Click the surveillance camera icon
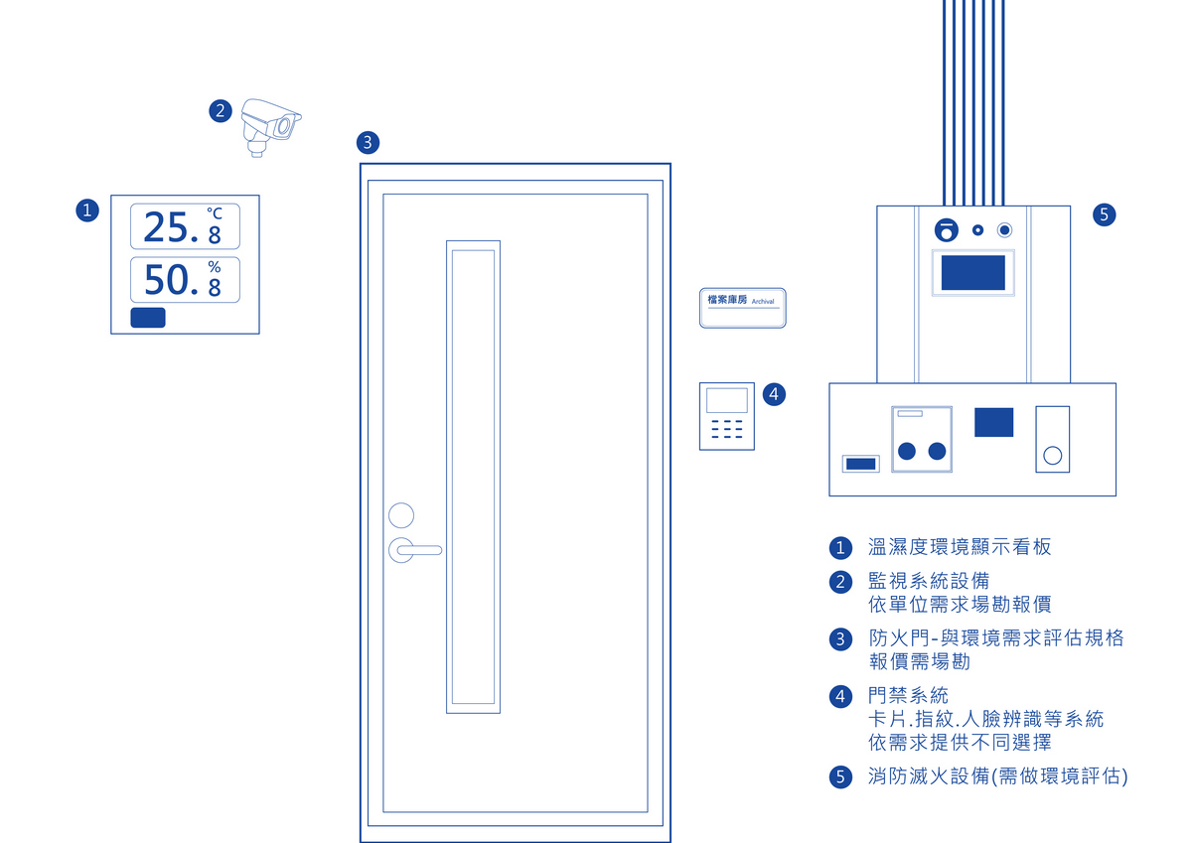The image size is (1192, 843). tap(269, 126)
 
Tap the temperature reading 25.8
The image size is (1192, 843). tap(183, 227)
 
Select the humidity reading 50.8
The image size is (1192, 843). tap(183, 280)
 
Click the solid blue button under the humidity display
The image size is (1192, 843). tap(148, 318)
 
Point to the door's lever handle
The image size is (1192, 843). tap(415, 548)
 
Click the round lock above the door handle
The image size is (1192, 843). tap(401, 515)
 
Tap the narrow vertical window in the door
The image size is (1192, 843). tap(473, 477)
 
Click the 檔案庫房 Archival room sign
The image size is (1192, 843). tap(742, 307)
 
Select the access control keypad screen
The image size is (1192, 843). tap(726, 400)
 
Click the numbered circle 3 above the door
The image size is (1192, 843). tap(368, 143)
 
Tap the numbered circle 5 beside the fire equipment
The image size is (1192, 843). tap(1104, 214)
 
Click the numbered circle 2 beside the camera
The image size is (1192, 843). tap(221, 110)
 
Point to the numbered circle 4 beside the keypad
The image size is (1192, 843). tap(774, 394)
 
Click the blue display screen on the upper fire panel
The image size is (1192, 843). tap(972, 272)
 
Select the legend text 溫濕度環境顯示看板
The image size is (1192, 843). tap(960, 547)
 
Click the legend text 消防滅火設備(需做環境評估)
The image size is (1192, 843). tap(997, 776)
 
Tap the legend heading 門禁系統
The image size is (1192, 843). tap(908, 696)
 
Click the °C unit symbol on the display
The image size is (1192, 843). tap(215, 212)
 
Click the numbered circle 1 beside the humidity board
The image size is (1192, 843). tap(87, 211)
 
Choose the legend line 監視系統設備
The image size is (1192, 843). tap(928, 581)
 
